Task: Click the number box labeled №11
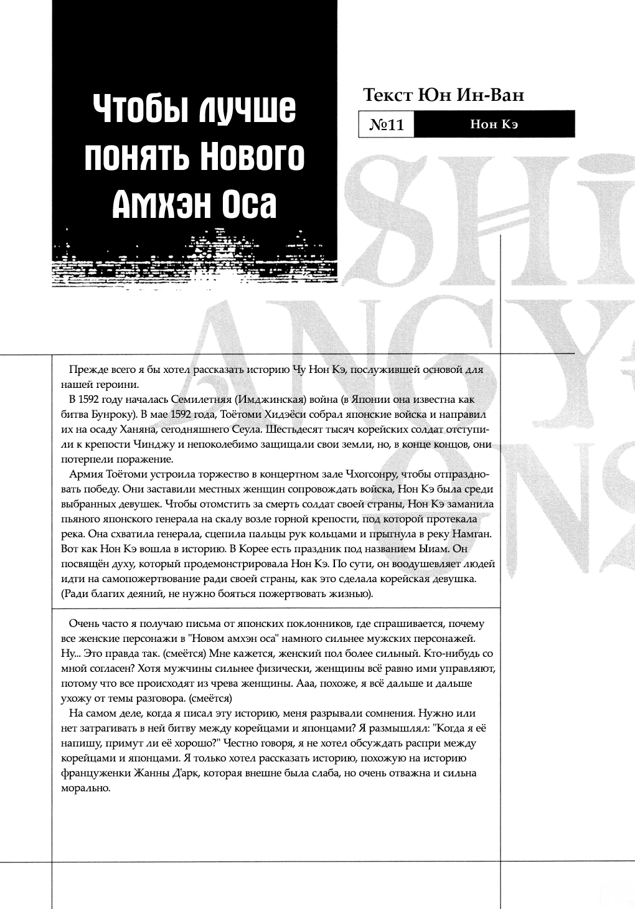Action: (x=387, y=125)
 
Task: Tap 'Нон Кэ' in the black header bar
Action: (x=494, y=125)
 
